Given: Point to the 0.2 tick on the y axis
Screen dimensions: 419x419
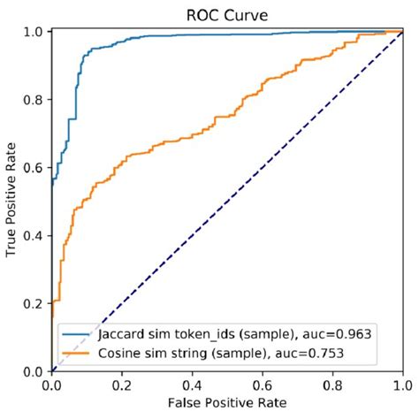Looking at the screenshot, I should pos(34,303).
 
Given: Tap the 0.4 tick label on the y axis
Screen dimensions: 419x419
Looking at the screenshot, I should pos(34,235).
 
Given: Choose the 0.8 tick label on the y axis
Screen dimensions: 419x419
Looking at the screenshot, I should pos(34,100).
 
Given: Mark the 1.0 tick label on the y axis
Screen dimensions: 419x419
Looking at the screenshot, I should pos(34,33).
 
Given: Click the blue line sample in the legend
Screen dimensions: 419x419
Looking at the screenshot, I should pos(74,336).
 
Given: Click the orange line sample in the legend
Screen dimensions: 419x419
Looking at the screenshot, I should pos(74,353).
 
